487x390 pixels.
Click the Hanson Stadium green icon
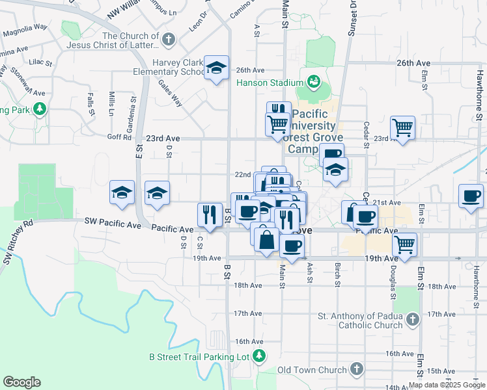point(314,83)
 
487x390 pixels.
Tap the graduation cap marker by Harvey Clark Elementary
point(216,68)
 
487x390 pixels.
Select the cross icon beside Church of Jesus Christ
point(169,40)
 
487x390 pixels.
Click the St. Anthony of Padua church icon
point(411,319)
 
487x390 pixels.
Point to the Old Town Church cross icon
point(355,369)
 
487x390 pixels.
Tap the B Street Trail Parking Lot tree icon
point(259,356)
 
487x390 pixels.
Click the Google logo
point(21,382)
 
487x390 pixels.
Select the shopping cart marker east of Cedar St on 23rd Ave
point(402,127)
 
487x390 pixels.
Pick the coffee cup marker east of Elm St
point(471,195)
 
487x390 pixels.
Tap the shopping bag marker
point(267,239)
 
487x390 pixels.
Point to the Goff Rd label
point(119,136)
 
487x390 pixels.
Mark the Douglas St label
point(393,276)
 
